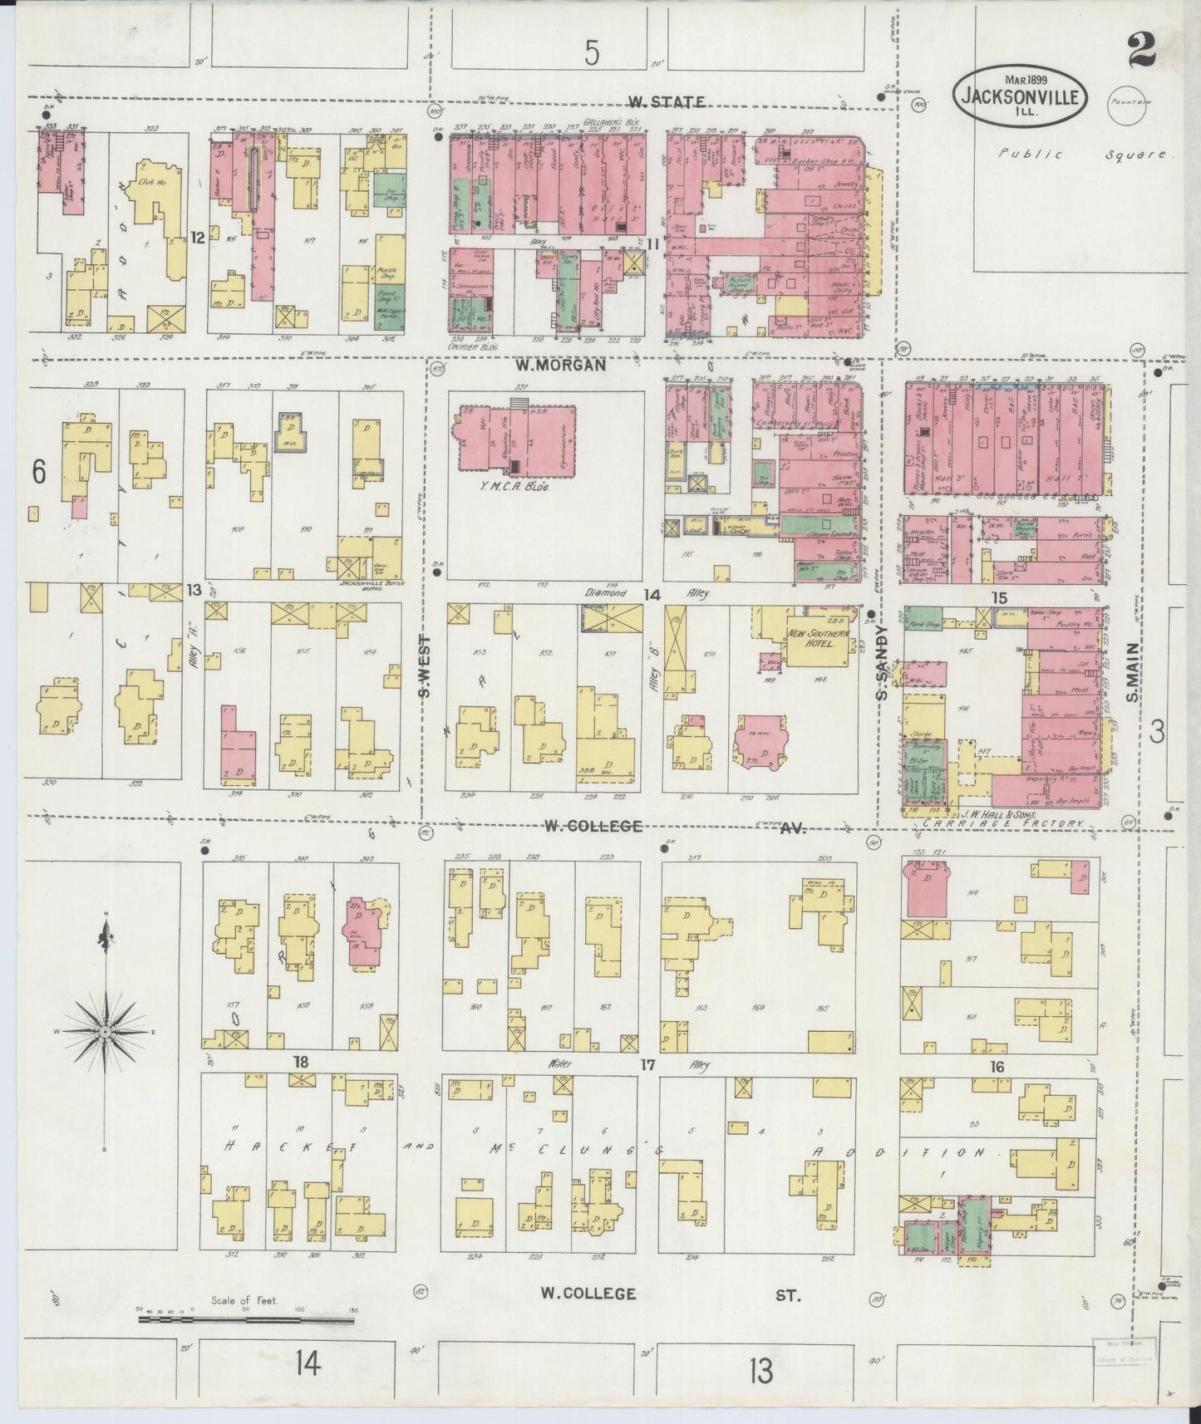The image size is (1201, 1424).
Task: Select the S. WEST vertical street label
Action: (425, 667)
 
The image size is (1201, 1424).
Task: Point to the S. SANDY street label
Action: (884, 662)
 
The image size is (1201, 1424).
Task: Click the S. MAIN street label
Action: (1132, 671)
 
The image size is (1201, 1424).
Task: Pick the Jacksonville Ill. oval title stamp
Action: (1020, 96)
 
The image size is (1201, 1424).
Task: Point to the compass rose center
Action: (106, 1031)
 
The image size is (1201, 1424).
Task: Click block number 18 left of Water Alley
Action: (300, 1062)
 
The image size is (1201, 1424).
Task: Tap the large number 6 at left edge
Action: (37, 471)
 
